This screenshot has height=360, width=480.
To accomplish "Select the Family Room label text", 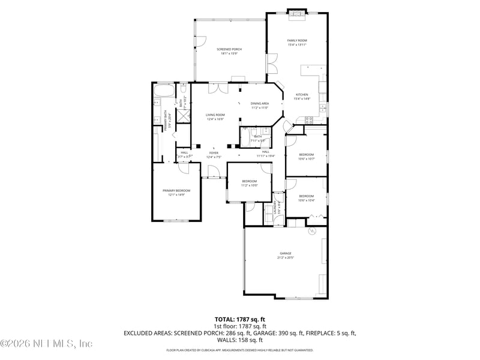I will pyautogui.click(x=296, y=42).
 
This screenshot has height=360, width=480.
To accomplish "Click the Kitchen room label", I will pyautogui.click(x=301, y=97).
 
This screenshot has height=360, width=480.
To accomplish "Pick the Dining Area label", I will pyautogui.click(x=260, y=105).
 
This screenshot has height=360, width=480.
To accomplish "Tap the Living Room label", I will pyautogui.click(x=215, y=116).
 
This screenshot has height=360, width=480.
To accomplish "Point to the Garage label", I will pyautogui.click(x=285, y=255).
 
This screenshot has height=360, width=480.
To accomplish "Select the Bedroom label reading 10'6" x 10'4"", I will pyautogui.click(x=306, y=197).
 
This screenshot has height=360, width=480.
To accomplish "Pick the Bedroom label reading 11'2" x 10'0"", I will pyautogui.click(x=249, y=183).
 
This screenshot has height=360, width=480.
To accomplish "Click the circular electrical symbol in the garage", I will pyautogui.click(x=311, y=231).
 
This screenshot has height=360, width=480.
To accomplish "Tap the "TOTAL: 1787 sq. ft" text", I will pyautogui.click(x=239, y=319).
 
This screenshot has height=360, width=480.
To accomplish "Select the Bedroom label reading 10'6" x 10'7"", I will pyautogui.click(x=306, y=156).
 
